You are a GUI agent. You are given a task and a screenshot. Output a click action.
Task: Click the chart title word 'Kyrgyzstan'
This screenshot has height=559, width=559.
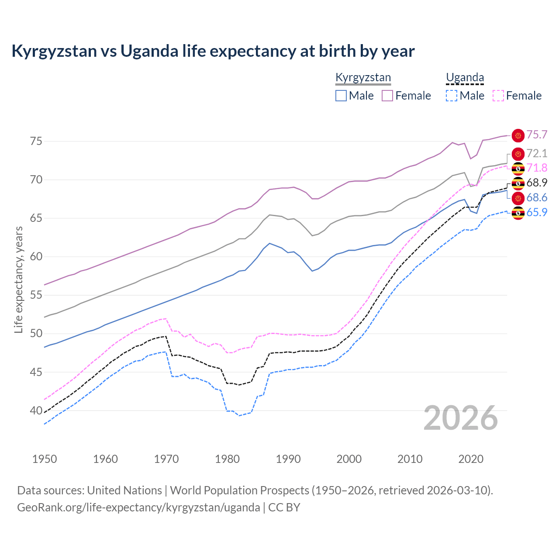[54, 51]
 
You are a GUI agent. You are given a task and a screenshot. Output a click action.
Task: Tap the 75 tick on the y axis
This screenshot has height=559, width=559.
[36, 141]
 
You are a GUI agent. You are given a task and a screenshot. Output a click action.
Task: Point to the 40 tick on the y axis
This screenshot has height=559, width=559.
[36, 411]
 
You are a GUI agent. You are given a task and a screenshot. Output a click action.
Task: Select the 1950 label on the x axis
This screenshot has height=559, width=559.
[45, 459]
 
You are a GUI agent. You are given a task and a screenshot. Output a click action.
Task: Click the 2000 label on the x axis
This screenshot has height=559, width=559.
[349, 459]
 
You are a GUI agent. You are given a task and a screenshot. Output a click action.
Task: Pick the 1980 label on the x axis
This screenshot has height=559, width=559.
[227, 459]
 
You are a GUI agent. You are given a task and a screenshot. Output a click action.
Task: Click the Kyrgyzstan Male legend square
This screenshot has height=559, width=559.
[341, 96]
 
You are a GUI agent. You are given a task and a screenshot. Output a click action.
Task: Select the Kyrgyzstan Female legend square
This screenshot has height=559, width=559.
[387, 96]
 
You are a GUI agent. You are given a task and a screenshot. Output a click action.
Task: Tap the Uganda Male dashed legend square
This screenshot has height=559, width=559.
[452, 96]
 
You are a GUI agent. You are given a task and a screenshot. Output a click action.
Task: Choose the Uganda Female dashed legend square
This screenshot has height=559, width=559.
[498, 96]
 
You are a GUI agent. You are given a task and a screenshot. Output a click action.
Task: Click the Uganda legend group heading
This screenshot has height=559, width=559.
[465, 78]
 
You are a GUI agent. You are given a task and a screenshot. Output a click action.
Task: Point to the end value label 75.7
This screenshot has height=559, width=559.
[537, 135]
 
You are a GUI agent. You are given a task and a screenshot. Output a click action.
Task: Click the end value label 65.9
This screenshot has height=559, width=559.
[537, 213]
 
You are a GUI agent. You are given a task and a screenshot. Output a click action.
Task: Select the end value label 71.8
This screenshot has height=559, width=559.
[537, 168]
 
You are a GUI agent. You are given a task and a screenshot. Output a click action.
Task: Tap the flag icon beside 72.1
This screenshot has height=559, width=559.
[518, 154]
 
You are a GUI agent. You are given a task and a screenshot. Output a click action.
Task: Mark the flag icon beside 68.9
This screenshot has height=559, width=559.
[518, 183]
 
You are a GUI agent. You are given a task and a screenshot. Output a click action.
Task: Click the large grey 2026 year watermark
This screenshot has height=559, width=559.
[461, 418]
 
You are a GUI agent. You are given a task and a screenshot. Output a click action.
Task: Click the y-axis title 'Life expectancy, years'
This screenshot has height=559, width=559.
[18, 279]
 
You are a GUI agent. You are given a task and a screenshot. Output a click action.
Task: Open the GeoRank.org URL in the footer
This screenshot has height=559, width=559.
[138, 507]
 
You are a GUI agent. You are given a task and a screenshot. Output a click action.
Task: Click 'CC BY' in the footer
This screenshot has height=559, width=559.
[284, 507]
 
